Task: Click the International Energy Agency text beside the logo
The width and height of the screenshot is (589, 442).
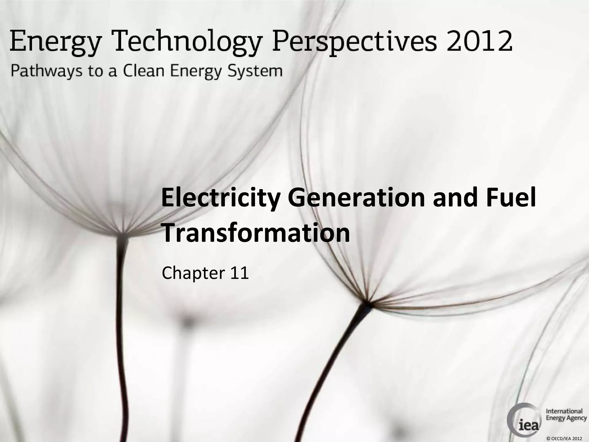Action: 566,414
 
